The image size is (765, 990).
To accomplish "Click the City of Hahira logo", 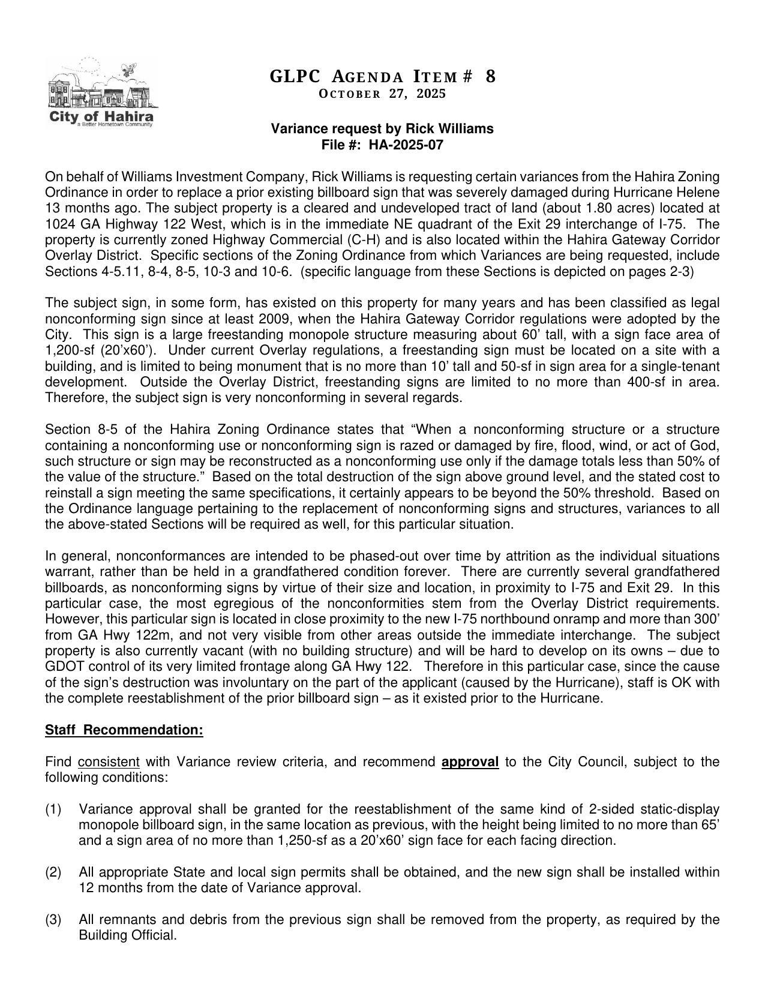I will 100,94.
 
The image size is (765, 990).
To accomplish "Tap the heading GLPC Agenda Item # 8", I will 382,77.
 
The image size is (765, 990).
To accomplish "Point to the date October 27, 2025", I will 382,94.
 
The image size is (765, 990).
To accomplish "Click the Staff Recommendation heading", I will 124,730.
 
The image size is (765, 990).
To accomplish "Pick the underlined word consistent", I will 109,762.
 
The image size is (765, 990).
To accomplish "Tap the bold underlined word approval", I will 470,762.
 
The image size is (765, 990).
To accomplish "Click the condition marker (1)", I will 53,809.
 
